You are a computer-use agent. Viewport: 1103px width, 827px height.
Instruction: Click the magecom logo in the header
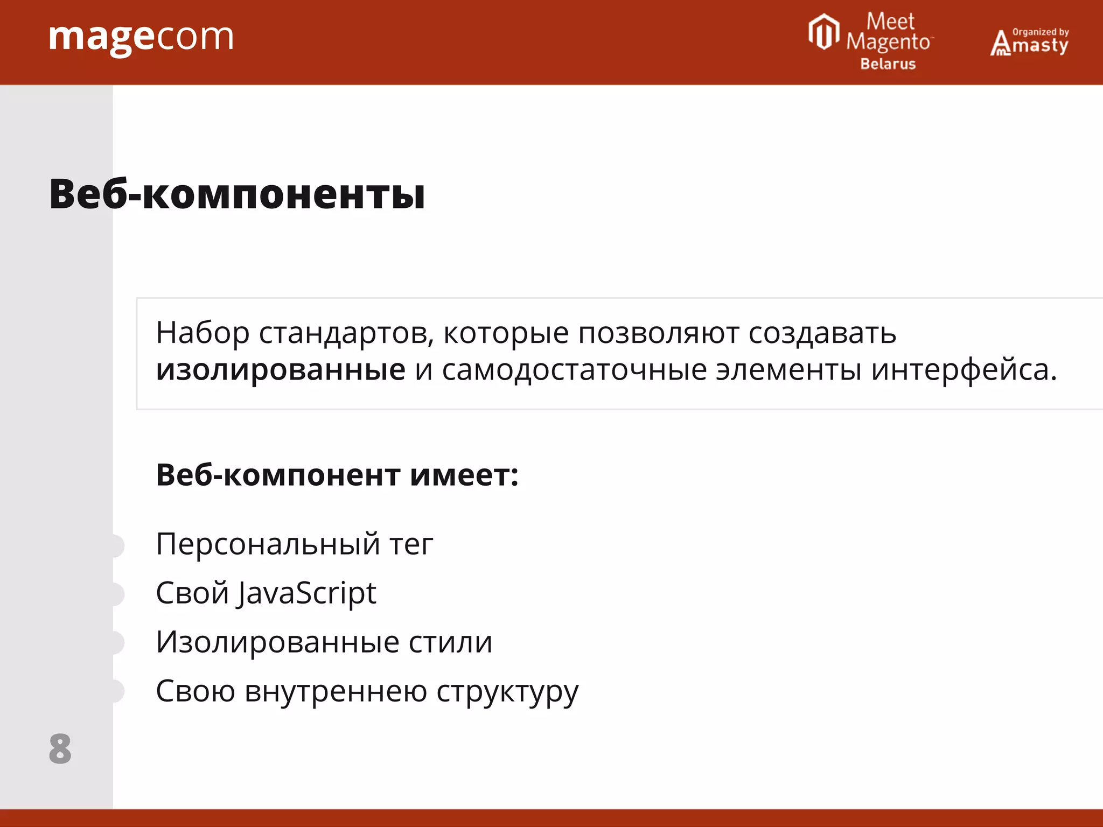point(141,38)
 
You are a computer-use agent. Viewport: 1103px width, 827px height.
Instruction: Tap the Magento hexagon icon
point(823,32)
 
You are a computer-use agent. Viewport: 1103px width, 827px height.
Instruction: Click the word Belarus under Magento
point(888,64)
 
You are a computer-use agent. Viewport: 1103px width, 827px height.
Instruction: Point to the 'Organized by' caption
point(1041,32)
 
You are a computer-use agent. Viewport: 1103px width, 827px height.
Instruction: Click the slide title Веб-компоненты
point(237,194)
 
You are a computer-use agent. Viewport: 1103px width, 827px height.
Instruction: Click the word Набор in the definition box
point(203,333)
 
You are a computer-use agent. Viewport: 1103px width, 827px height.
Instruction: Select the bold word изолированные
point(281,370)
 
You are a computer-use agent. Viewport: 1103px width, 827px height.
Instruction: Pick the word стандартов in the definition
point(346,333)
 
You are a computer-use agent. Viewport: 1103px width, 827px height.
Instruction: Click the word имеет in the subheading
point(464,475)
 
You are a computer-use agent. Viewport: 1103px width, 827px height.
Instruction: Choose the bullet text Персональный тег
point(294,544)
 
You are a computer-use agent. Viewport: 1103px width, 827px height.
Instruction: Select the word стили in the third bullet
point(450,642)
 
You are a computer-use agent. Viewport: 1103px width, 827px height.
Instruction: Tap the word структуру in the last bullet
point(507,691)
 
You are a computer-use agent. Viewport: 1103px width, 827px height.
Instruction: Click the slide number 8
point(60,748)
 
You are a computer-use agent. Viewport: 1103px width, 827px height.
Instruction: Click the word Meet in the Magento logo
point(890,22)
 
